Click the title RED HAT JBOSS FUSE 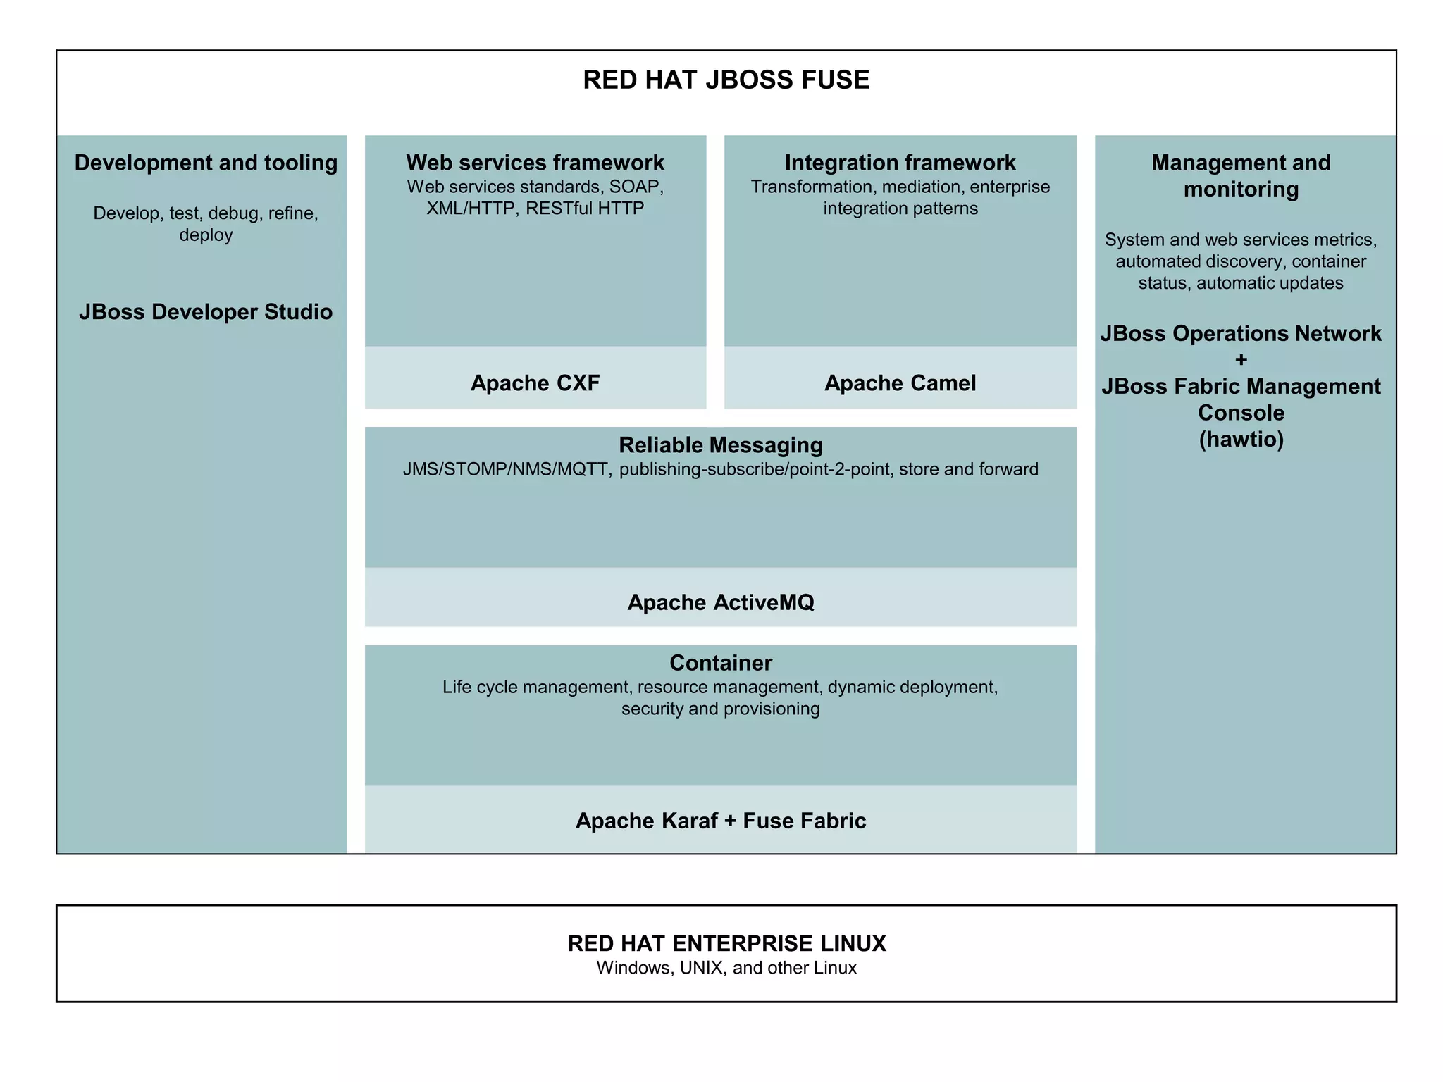(726, 80)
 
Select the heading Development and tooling (206, 163)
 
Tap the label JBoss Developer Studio (206, 311)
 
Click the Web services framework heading (535, 163)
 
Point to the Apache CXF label (535, 383)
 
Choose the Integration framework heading (900, 163)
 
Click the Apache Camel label (900, 383)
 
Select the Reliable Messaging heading (720, 445)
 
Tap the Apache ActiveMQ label (720, 602)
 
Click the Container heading (720, 663)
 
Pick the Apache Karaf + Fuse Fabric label (720, 821)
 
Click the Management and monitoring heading (1241, 175)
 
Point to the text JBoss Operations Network (1241, 333)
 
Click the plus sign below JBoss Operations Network (1241, 360)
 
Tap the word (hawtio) (1241, 440)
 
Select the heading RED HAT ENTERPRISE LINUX (726, 943)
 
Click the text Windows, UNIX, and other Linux (726, 968)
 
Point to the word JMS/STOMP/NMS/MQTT (507, 470)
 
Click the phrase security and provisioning (720, 709)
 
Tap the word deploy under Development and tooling (206, 235)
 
